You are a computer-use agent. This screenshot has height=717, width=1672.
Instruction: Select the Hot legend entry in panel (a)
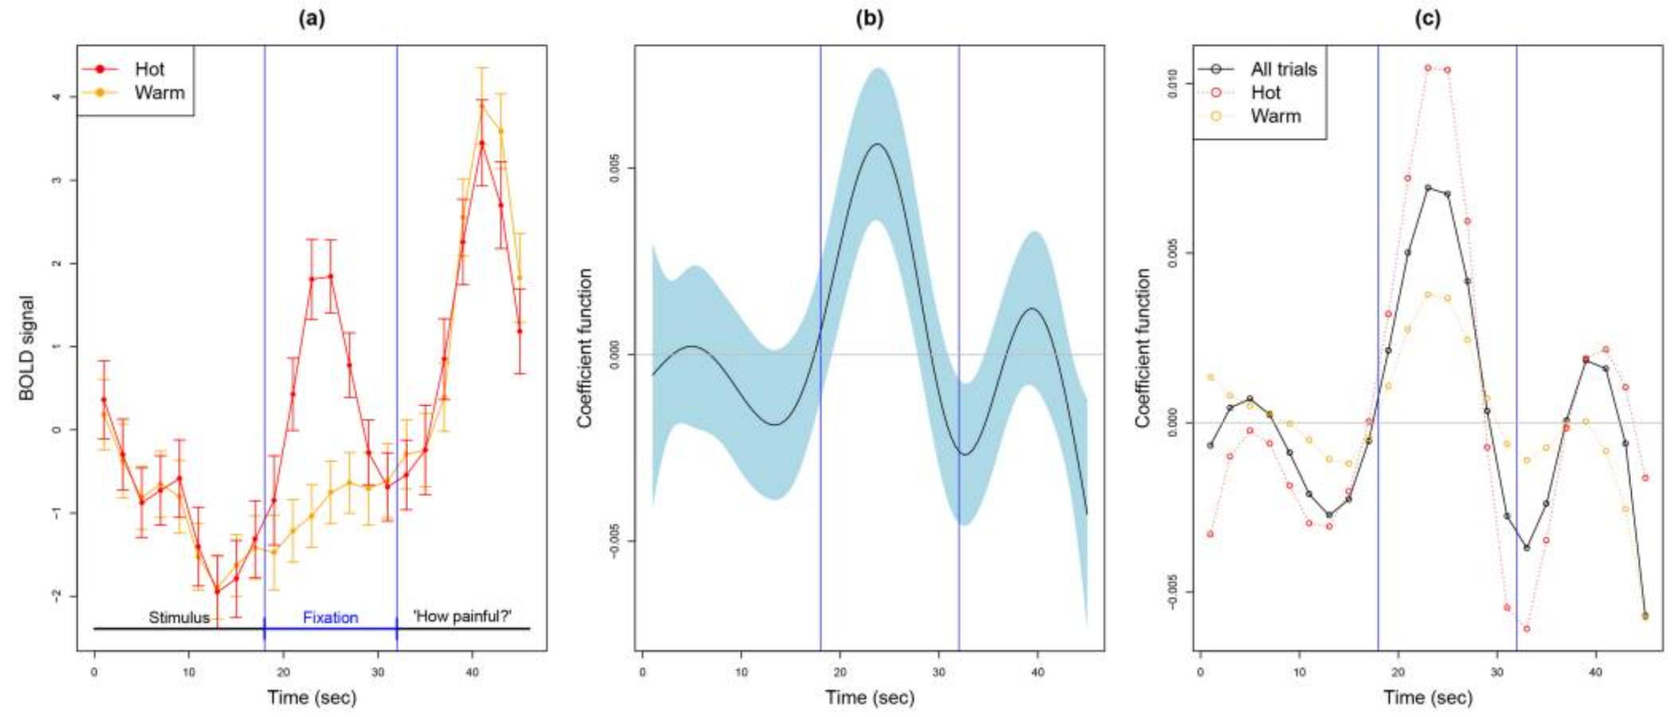tap(149, 69)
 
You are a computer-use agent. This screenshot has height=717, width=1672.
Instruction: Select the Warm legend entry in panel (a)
tap(158, 92)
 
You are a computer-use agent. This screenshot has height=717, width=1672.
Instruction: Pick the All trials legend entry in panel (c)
tap(1283, 69)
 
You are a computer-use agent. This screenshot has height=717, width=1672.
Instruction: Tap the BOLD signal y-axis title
tap(27, 348)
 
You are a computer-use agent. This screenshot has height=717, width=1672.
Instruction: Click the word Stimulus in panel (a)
tap(179, 617)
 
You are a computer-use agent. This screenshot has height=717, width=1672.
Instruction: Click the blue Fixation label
tap(330, 617)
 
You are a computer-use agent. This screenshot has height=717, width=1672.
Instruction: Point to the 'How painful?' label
tap(463, 616)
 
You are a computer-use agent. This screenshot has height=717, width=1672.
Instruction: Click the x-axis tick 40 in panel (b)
tap(1037, 673)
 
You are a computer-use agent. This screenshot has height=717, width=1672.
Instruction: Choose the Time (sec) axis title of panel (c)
tap(1428, 698)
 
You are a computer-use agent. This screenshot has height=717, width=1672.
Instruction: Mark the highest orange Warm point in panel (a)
tap(482, 106)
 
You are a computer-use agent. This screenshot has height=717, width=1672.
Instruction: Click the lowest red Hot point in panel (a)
tap(217, 591)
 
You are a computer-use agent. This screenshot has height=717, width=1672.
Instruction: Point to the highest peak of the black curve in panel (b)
tap(877, 144)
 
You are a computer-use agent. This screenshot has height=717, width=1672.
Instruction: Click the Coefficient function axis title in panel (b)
tap(585, 348)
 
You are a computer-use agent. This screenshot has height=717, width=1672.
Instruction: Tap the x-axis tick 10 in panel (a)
tap(189, 673)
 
